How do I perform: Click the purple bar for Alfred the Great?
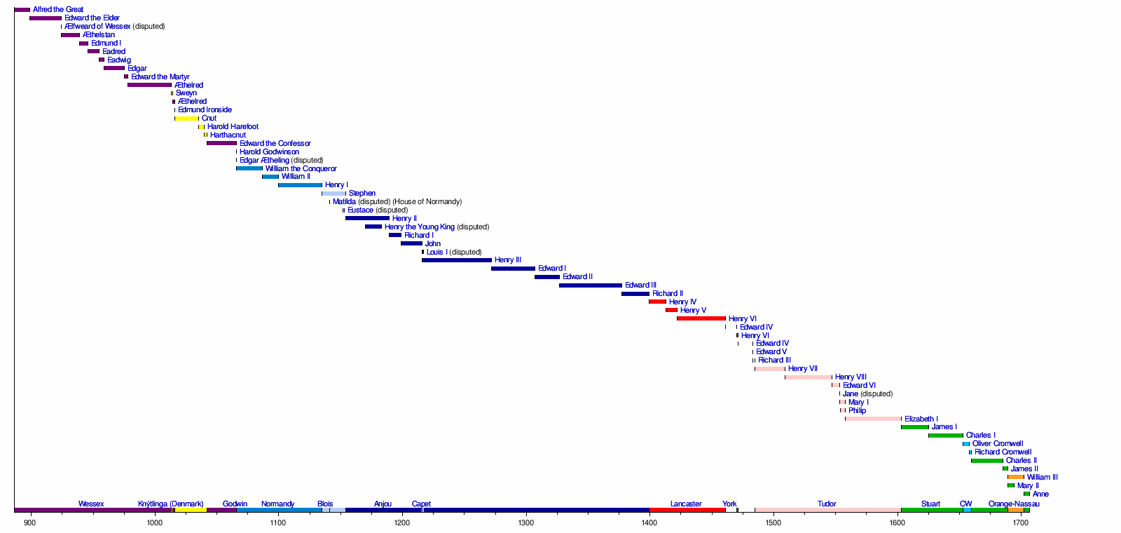pos(22,10)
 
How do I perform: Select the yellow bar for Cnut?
pos(186,119)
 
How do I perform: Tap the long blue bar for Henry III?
pos(457,260)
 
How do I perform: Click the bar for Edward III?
pos(591,285)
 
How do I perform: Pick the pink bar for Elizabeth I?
pos(873,419)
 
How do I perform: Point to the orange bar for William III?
pos(1016,477)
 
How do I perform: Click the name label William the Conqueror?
pos(301,168)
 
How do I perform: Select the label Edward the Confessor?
pos(275,143)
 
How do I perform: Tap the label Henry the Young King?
pos(419,227)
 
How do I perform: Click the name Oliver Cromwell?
pos(997,443)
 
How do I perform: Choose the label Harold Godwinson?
pos(269,151)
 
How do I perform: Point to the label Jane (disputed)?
pos(867,393)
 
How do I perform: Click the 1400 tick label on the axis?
pos(649,522)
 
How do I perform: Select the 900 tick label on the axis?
pos(30,522)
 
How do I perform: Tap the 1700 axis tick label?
pos(1021,522)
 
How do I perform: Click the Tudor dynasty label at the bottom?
pos(827,504)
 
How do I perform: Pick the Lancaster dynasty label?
pos(685,504)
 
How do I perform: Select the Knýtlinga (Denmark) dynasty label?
pos(170,504)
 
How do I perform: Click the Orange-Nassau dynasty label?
pos(1013,504)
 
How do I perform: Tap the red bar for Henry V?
pos(671,310)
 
